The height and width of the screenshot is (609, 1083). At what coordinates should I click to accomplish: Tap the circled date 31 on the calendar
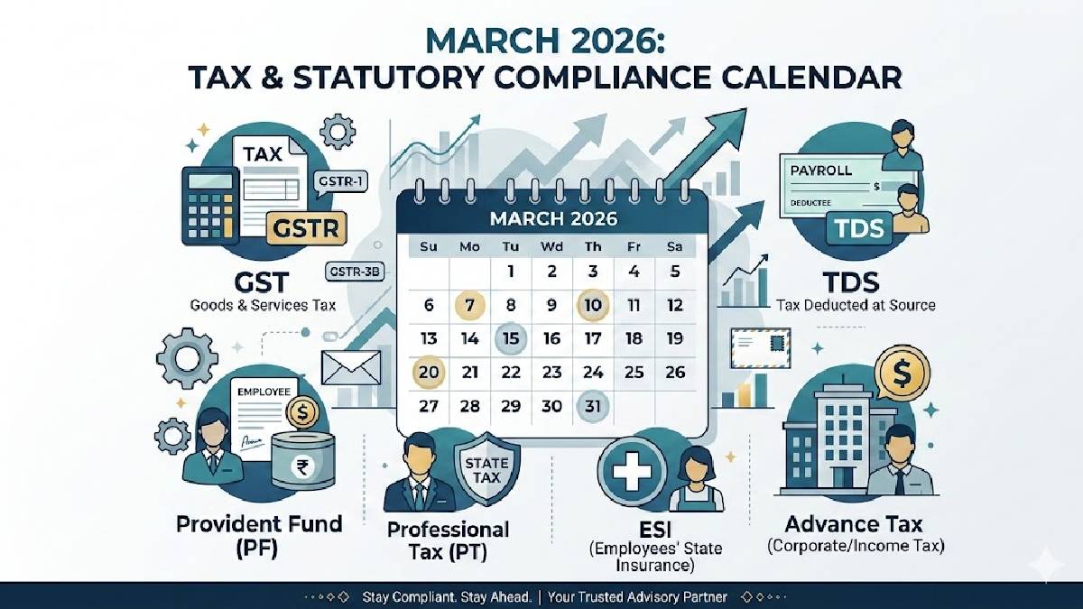coord(592,406)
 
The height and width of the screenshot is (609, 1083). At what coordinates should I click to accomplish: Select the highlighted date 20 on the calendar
coord(429,372)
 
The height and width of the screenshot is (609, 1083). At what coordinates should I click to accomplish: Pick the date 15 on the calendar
coord(511,339)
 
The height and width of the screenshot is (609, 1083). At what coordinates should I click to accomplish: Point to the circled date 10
coord(592,305)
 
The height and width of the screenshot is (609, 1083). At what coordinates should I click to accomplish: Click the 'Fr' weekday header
coord(633,245)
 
